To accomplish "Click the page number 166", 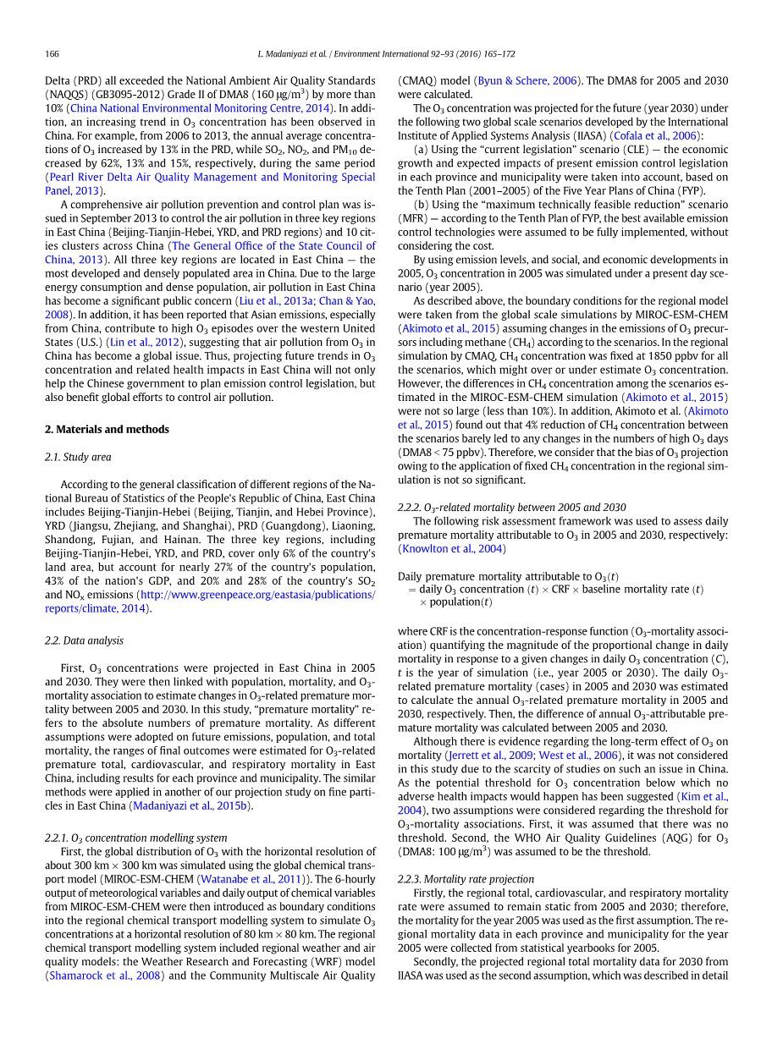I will click(x=52, y=53).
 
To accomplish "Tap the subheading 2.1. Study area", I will click(x=78, y=457).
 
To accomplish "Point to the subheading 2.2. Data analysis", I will click(x=84, y=640).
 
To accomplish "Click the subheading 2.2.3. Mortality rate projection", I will click(x=466, y=879).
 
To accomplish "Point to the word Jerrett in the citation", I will click(x=464, y=756).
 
